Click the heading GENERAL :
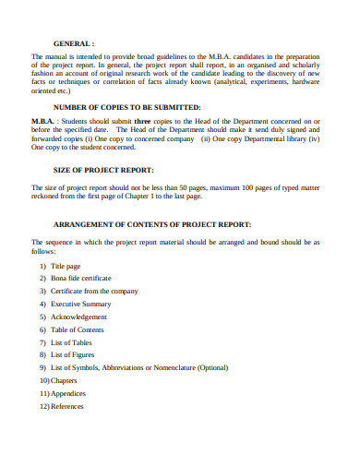[74, 42]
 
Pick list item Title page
[66, 265]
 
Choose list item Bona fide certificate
[81, 278]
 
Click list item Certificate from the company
[94, 291]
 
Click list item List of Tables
[71, 342]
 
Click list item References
[67, 406]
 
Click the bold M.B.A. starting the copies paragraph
[42, 121]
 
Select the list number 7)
[42, 342]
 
